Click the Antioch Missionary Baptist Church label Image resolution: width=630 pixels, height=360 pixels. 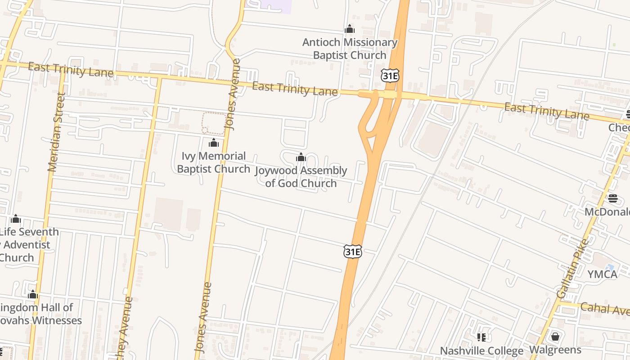tap(350, 49)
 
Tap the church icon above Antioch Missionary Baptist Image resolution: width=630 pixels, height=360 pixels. tap(350, 29)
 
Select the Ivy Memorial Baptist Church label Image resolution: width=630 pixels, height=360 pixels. tap(213, 162)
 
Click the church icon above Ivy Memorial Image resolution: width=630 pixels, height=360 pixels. tap(213, 143)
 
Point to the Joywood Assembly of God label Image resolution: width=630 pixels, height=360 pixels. tap(301, 176)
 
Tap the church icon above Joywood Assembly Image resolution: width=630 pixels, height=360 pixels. tap(301, 157)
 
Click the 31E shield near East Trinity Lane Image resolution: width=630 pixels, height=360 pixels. tap(390, 76)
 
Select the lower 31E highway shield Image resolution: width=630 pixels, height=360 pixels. tap(352, 251)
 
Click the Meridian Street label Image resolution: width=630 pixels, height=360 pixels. tap(56, 132)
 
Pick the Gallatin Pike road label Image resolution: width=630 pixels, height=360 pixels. tap(572, 269)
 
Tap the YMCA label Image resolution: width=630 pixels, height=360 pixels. tap(602, 274)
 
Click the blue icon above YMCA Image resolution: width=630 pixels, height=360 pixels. tap(610, 267)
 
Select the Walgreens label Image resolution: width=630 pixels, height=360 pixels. tap(555, 350)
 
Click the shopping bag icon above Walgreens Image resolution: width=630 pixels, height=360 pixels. tap(555, 336)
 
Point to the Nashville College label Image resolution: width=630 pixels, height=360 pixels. tap(481, 351)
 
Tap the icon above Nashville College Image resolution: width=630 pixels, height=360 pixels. tap(481, 337)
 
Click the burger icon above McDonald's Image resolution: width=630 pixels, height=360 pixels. tap(612, 198)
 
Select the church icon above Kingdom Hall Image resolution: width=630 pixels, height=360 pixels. tap(32, 295)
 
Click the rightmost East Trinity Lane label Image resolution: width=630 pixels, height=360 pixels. tap(546, 111)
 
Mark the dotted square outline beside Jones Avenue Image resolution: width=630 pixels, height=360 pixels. tap(213, 123)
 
